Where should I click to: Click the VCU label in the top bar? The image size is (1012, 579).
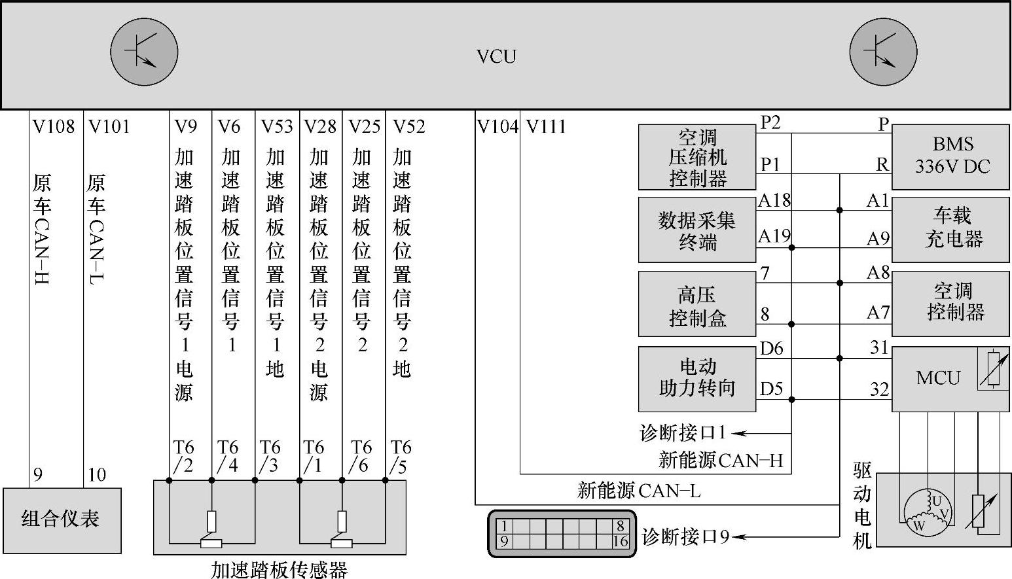(496, 56)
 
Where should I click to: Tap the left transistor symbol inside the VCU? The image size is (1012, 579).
(144, 52)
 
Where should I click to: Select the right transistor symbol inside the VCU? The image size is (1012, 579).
(883, 52)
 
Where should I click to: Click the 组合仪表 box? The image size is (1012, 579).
(62, 520)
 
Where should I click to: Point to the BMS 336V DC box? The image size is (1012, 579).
(950, 157)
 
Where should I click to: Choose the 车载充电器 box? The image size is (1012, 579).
(950, 229)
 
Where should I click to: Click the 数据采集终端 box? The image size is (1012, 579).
(697, 230)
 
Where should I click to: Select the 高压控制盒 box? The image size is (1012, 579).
(697, 304)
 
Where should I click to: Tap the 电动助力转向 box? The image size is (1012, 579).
(697, 379)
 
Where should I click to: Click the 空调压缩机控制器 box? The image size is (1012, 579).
(697, 157)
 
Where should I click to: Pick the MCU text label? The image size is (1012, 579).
(938, 378)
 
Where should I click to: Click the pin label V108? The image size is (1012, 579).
(54, 127)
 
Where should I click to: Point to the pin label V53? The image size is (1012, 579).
(276, 127)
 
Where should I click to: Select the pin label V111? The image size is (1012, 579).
(546, 127)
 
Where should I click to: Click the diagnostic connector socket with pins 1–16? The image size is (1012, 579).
(562, 533)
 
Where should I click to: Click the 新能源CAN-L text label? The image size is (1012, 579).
(639, 491)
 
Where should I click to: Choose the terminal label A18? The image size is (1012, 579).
(774, 201)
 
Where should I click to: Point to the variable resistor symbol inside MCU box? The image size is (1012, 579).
(993, 368)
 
